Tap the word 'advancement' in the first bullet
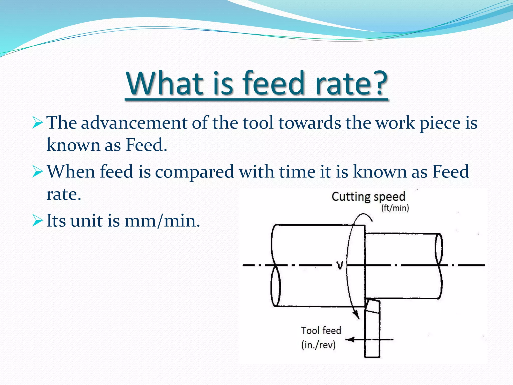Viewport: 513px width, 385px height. click(x=134, y=123)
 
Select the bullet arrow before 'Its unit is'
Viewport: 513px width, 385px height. click(x=38, y=221)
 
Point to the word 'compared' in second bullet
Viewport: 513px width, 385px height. click(x=194, y=172)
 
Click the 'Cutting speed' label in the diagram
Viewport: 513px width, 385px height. click(x=368, y=197)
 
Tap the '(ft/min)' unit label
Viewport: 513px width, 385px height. click(x=395, y=208)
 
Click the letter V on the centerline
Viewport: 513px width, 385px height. click(x=340, y=265)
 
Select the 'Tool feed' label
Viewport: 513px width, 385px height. click(x=321, y=331)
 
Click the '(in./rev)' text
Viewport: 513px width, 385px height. click(x=318, y=345)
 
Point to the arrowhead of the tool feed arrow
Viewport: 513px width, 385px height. click(x=349, y=340)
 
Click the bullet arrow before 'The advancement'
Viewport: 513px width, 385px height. click(x=38, y=123)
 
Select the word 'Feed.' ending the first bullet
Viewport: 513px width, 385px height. click(x=146, y=145)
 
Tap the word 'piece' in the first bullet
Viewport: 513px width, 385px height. click(x=440, y=123)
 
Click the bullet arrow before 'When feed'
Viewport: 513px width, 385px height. click(x=38, y=172)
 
